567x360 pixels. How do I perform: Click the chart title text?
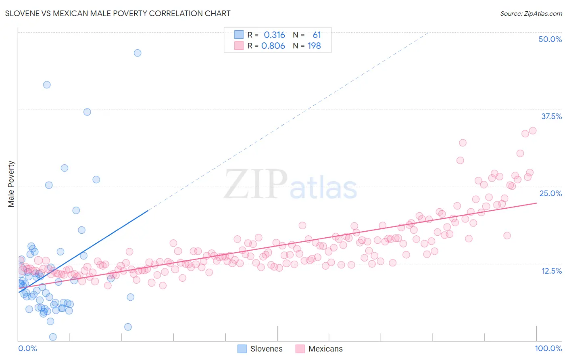pos(117,13)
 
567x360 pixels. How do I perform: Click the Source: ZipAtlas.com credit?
pos(531,13)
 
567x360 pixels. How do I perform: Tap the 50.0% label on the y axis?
pos(550,39)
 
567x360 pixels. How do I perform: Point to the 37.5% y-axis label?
pos(551,116)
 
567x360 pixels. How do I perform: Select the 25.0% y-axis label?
pos(550,193)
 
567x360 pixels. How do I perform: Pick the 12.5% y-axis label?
pos(551,270)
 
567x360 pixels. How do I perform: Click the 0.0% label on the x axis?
pos(27,348)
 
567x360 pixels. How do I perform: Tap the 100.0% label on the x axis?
pos(548,348)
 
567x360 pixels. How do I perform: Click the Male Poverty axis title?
pos(11,184)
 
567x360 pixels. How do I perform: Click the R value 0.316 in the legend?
pos(274,35)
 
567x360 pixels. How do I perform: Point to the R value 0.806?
pos(273,46)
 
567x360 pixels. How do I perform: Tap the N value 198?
pos(314,46)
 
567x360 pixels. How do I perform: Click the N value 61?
pos(317,35)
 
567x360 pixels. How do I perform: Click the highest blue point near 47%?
pos(138,53)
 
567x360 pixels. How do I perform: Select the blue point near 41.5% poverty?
pos(47,85)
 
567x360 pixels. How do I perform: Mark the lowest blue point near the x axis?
pos(53,337)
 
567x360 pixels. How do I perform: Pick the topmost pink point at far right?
pos(532,130)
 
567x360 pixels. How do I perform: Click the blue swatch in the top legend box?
pos(239,35)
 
